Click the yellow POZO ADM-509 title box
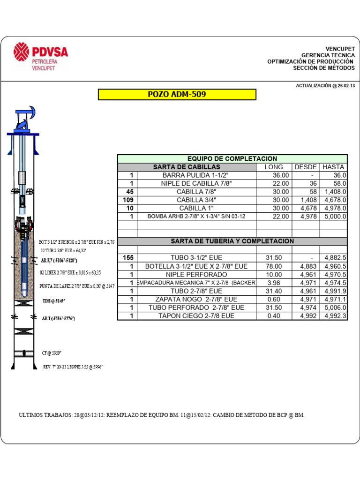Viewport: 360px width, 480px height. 177,95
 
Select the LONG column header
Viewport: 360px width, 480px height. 274,167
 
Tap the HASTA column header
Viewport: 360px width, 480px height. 333,167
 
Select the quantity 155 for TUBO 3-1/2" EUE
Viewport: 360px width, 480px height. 128,258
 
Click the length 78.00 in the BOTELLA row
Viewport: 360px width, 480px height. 274,266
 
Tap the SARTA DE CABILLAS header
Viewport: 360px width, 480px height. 187,167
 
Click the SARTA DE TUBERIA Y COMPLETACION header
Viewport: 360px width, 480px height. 232,241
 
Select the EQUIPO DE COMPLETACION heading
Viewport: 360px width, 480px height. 232,159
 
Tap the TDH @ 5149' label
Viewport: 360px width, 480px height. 52,301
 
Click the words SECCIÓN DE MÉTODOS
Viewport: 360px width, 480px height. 324,68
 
